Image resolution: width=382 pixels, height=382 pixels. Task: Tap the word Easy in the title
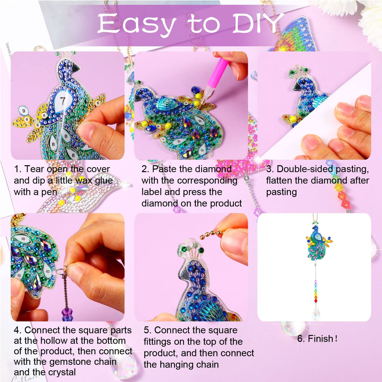(x=136, y=24)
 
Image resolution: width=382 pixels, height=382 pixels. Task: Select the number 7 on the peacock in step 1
(x=63, y=101)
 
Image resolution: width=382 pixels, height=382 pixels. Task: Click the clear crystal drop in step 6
(x=316, y=313)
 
